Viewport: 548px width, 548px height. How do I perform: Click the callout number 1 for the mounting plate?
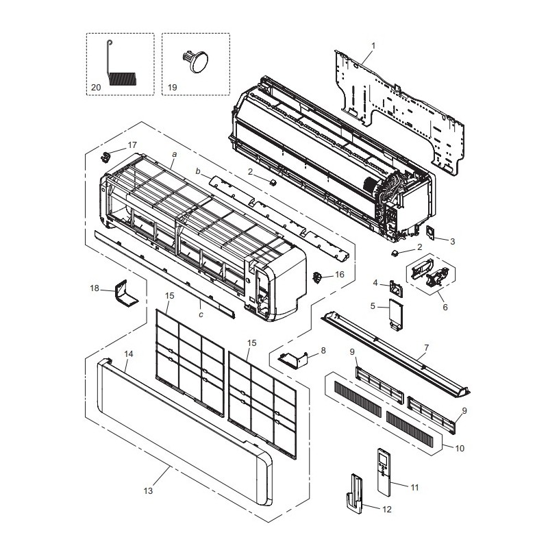click(x=373, y=46)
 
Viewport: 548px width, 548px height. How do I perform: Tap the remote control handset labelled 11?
click(x=384, y=473)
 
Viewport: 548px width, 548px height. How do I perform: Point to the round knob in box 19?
click(x=197, y=61)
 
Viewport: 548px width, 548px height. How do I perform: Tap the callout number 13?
click(x=148, y=490)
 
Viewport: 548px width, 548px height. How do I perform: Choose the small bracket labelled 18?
click(x=125, y=293)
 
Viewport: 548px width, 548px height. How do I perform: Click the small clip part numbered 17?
click(x=105, y=157)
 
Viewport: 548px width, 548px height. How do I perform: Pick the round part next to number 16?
click(x=317, y=278)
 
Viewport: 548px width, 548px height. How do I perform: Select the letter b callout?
click(x=198, y=171)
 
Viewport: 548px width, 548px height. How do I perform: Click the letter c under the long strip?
click(x=201, y=315)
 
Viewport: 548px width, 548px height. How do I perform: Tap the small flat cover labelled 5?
click(x=396, y=313)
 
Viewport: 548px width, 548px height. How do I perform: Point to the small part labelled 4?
click(x=396, y=288)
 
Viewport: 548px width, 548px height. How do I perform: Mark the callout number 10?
click(x=460, y=448)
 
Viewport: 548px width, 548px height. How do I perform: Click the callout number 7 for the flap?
click(x=426, y=348)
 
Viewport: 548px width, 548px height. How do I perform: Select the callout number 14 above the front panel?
click(x=129, y=354)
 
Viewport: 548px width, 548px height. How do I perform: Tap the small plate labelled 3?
click(x=429, y=233)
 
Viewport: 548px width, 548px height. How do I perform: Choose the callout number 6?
click(x=445, y=307)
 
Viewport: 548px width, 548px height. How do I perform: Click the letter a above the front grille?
click(x=175, y=154)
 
